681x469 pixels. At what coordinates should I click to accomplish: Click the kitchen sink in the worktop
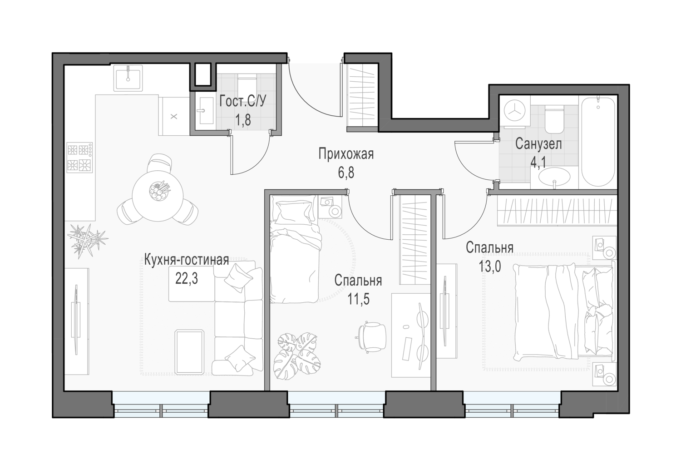128,78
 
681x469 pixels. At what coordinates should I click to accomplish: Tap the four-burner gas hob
79,158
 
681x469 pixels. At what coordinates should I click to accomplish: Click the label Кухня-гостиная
186,260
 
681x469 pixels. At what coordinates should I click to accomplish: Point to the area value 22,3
186,278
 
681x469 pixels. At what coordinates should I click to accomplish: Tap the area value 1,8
243,120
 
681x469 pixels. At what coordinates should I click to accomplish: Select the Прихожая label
346,154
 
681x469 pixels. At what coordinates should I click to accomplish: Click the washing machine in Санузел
515,112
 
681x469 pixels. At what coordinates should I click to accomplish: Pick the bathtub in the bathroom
598,141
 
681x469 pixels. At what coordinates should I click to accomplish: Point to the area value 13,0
490,267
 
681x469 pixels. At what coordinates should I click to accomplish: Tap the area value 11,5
359,299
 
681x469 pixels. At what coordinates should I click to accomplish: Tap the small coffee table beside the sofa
190,352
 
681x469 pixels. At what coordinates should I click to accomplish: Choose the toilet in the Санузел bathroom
554,120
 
